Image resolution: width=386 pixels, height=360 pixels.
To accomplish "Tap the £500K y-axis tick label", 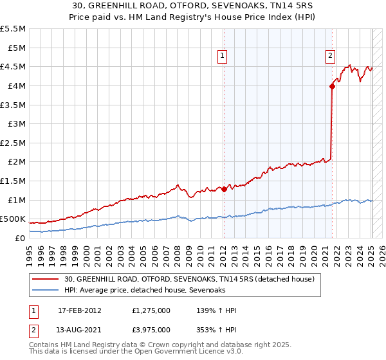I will point(13,219).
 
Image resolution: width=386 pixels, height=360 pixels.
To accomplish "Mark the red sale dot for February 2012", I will point(224,189).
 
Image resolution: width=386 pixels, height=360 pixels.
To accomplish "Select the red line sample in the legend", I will point(46,279).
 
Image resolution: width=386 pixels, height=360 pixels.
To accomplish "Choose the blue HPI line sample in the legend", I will point(46,291).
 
